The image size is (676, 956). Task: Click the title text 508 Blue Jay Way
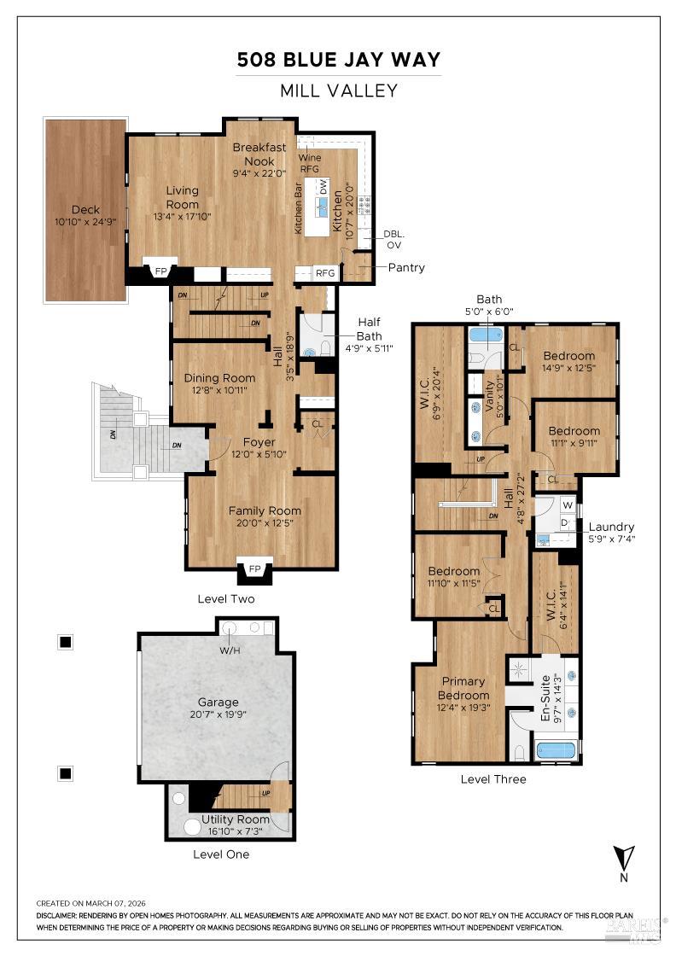[339, 60]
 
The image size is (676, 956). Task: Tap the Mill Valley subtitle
[339, 90]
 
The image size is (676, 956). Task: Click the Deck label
[85, 209]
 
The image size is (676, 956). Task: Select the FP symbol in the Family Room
[253, 568]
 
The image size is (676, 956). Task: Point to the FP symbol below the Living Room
[160, 271]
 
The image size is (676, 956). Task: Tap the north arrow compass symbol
[623, 857]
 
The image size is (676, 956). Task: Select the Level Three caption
[493, 778]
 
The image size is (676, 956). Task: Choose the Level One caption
[221, 854]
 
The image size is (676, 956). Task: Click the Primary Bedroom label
[463, 688]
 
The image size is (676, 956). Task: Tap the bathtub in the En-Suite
[556, 750]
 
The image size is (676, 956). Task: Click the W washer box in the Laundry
[567, 505]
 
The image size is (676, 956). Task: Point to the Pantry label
[406, 267]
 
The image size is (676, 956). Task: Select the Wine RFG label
[308, 163]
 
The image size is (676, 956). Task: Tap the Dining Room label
[219, 378]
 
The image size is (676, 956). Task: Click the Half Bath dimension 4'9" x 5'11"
[369, 348]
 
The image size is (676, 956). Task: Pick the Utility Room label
[235, 819]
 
